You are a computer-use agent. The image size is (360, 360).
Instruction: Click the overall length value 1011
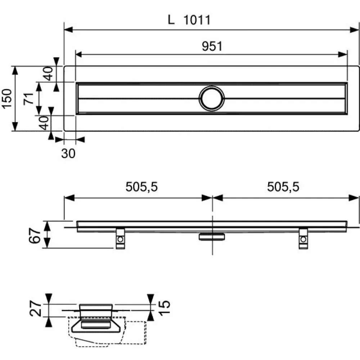(197, 20)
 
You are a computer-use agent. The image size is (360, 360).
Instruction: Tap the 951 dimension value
(212, 46)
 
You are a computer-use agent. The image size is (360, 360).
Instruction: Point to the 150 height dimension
(6, 98)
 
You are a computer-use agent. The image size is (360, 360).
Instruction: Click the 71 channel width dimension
(29, 99)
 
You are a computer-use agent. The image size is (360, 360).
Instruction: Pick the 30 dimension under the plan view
(68, 153)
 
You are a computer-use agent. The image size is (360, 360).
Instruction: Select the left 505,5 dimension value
(141, 187)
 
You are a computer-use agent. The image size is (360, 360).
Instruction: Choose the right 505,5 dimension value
(283, 187)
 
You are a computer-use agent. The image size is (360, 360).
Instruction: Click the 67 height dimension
(35, 235)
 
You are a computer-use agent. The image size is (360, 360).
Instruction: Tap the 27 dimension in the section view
(36, 309)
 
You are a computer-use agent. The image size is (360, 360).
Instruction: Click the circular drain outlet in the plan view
(212, 99)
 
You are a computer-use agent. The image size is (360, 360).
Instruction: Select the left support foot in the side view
(120, 239)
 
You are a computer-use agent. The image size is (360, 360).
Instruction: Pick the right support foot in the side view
(303, 239)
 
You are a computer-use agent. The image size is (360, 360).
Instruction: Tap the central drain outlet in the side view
(212, 237)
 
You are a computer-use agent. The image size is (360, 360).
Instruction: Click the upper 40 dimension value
(49, 73)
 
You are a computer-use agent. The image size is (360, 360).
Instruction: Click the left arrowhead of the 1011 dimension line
(68, 30)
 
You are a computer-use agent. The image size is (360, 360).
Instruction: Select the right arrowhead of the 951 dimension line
(343, 54)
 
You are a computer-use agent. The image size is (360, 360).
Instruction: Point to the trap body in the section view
(95, 325)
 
